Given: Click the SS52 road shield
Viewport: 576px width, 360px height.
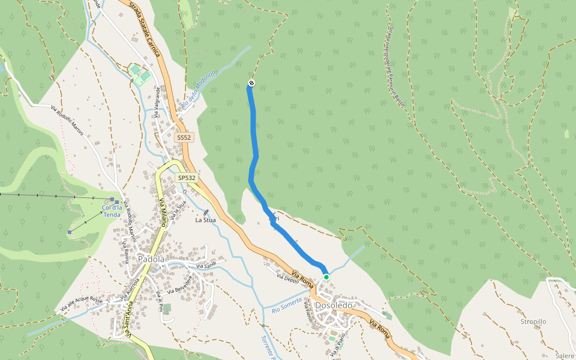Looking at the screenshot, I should click(184, 138).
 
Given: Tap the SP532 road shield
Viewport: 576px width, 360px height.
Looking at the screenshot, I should click(187, 178).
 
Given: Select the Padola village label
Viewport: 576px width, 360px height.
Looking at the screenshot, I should click(151, 259).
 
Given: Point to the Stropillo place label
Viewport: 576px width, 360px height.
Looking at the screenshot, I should click(533, 322).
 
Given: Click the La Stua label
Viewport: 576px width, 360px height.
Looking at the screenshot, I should click(205, 220).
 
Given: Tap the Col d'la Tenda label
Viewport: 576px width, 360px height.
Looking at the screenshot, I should click(112, 211).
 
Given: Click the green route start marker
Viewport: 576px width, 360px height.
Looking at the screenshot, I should click(326, 277).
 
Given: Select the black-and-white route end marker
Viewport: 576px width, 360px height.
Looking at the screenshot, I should click(251, 83).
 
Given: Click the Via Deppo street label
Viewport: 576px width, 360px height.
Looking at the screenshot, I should click(288, 277).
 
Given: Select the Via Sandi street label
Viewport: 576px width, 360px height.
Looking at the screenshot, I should click(206, 266).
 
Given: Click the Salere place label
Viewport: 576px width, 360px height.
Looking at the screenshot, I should click(565, 356).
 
